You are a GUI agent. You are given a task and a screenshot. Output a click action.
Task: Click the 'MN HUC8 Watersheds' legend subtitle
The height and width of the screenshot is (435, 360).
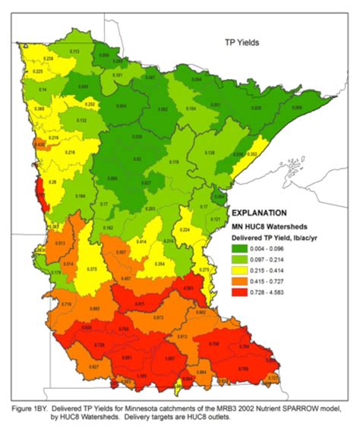(267, 226)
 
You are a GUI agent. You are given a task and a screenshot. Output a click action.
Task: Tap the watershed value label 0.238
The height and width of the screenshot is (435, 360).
(48, 58)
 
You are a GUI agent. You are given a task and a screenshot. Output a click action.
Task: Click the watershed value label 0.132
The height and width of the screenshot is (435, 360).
(81, 121)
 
